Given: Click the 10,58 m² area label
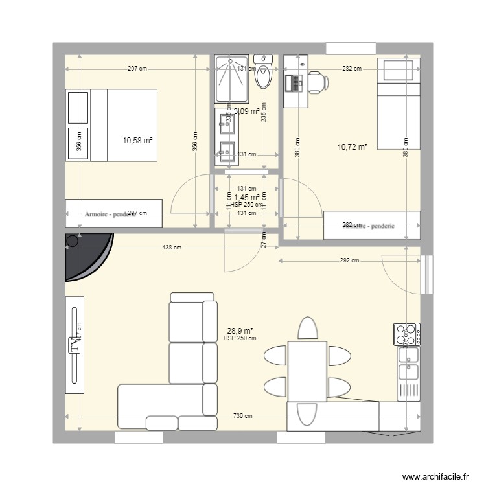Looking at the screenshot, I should pyautogui.click(x=137, y=140).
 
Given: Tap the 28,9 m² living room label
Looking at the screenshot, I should pyautogui.click(x=239, y=330).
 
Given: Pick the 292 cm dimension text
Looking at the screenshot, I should pyautogui.click(x=349, y=261).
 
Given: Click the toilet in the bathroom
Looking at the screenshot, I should pyautogui.click(x=264, y=75).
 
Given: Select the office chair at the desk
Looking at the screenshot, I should pyautogui.click(x=317, y=82).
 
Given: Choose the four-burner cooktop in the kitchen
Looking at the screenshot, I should pyautogui.click(x=406, y=334).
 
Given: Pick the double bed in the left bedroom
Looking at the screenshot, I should pyautogui.click(x=111, y=125).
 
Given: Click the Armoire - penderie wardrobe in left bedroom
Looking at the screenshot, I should pyautogui.click(x=113, y=213).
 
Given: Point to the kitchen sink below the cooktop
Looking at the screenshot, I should pyautogui.click(x=408, y=363).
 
